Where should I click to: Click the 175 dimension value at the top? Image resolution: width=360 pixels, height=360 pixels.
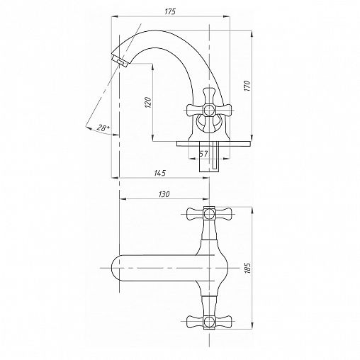point(170,12)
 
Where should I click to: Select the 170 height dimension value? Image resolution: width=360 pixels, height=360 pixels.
point(247,86)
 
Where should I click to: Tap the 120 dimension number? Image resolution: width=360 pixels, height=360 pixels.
point(148,102)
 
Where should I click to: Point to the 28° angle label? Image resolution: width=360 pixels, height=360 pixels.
point(103,128)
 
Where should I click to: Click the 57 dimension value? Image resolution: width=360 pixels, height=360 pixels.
point(203,154)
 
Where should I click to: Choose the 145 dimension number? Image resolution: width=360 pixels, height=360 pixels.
point(160,173)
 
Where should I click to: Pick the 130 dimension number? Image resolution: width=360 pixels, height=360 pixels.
point(164,194)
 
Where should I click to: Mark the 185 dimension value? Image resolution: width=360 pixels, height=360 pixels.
point(247,268)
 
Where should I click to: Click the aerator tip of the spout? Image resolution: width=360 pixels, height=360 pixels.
point(120,61)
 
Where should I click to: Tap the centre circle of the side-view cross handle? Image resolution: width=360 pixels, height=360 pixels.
point(209,111)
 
